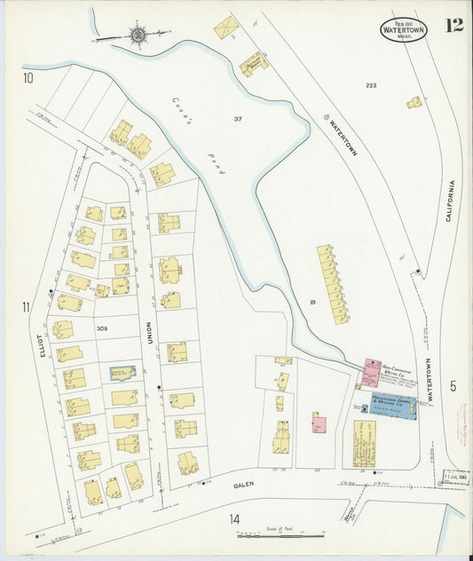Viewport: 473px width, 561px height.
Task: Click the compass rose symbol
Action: click(x=139, y=35)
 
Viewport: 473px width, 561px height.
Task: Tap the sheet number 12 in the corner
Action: click(x=453, y=25)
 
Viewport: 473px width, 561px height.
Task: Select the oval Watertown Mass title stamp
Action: click(x=404, y=28)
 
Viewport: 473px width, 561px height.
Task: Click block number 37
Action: click(x=238, y=119)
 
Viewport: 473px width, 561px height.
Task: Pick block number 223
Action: click(x=371, y=85)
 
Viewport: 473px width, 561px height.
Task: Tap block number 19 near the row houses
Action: click(x=313, y=303)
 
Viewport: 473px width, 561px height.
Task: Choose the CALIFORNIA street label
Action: click(x=450, y=201)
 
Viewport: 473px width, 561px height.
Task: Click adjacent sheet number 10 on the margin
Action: click(x=28, y=78)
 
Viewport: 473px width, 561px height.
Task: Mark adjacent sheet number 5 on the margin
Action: click(x=452, y=385)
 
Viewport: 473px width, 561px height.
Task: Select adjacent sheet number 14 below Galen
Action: click(x=234, y=518)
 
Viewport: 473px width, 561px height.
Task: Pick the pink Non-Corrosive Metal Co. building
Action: click(x=371, y=372)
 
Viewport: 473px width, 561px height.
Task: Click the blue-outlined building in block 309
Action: click(x=123, y=374)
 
